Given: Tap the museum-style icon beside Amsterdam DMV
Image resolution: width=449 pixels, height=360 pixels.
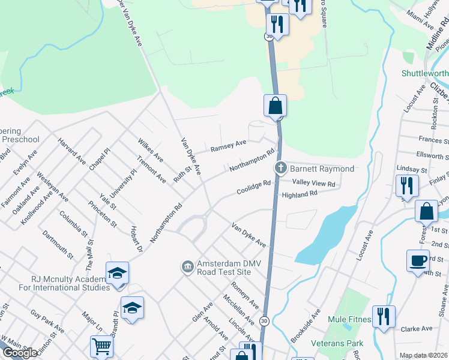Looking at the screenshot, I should click(x=187, y=265).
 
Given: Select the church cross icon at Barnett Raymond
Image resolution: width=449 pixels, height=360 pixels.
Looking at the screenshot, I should click(x=279, y=168).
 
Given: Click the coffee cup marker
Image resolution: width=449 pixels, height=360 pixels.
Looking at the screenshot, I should click(x=418, y=261).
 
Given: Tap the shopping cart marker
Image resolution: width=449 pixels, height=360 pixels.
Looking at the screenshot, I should click(x=101, y=346).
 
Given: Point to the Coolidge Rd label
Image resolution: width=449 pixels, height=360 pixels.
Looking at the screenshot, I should click(x=255, y=186).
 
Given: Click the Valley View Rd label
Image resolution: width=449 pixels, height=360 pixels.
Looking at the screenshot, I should click(x=313, y=183).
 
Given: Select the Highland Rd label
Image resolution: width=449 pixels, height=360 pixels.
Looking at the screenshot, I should click(x=299, y=195).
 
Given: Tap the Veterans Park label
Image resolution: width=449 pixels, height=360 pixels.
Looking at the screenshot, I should click(x=337, y=343).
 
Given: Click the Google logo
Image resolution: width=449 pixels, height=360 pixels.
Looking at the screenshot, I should click(x=20, y=353).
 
